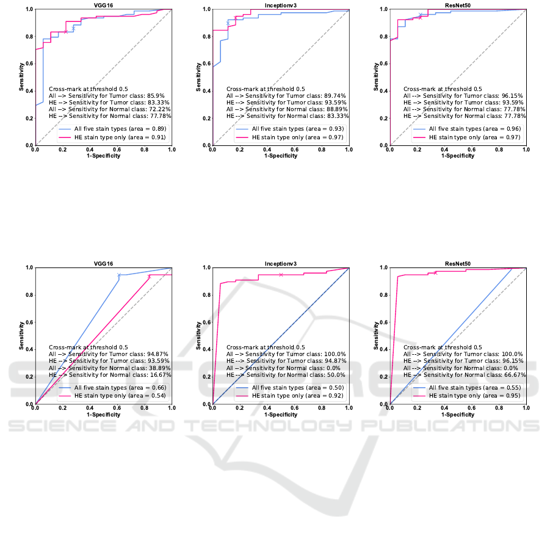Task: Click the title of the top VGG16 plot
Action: point(103,5)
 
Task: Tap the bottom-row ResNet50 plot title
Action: point(458,263)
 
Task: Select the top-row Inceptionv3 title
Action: point(281,5)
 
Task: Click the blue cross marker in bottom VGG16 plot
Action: point(120,275)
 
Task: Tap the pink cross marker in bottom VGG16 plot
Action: point(149,277)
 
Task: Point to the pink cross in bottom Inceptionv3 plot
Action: point(281,275)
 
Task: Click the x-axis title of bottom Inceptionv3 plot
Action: point(281,415)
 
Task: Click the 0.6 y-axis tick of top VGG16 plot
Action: point(29,64)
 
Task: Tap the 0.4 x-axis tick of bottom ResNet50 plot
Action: point(444,409)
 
